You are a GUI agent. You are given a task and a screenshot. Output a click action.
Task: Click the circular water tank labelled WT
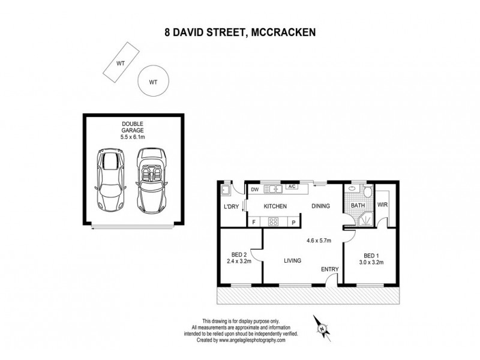[152, 82]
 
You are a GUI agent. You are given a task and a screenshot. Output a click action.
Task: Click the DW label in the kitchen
[254, 190]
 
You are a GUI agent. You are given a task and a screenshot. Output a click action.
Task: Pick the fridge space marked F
[254, 223]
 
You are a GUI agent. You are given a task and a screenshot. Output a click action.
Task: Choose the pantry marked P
[293, 223]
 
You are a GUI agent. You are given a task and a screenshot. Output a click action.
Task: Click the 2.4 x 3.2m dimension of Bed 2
[239, 261]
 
